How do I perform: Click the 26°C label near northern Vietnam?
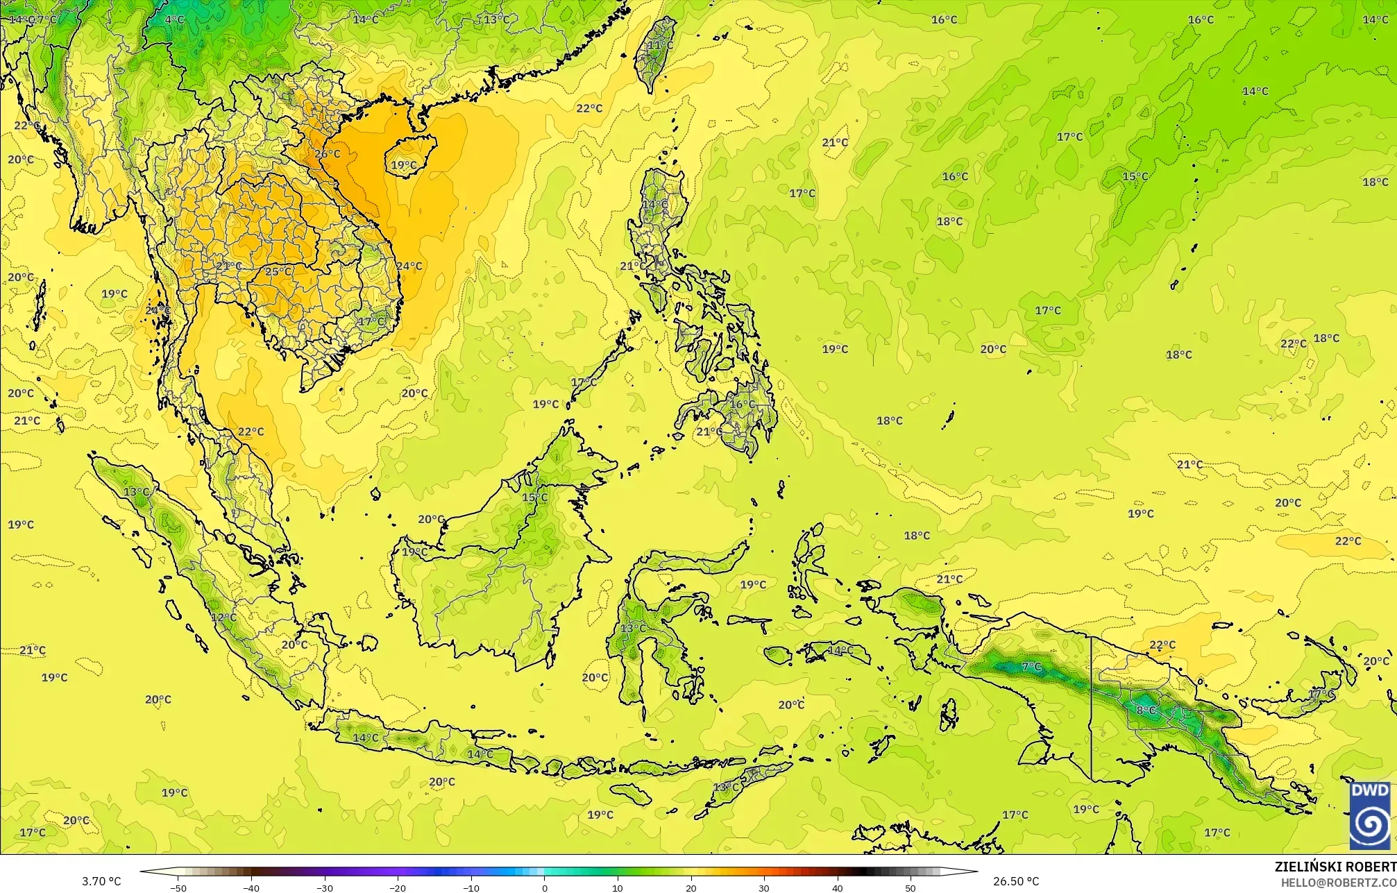click(328, 154)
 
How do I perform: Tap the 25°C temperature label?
click(278, 271)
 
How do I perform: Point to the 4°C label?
click(174, 19)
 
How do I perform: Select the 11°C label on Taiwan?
click(659, 45)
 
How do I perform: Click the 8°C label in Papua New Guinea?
click(1146, 710)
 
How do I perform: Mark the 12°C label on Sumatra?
click(223, 618)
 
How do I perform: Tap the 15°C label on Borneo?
click(534, 497)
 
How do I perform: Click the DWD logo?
click(1370, 815)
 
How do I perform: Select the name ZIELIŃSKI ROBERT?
click(1335, 867)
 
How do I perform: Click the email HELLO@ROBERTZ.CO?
click(1338, 882)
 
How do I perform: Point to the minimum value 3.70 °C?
click(101, 881)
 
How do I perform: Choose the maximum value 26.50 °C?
click(1016, 881)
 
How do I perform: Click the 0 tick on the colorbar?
click(545, 887)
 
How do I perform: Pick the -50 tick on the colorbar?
click(178, 887)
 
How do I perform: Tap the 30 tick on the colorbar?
click(764, 887)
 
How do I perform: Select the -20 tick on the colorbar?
click(398, 887)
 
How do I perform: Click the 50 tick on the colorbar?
click(911, 887)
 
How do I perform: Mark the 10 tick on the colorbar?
click(618, 887)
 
